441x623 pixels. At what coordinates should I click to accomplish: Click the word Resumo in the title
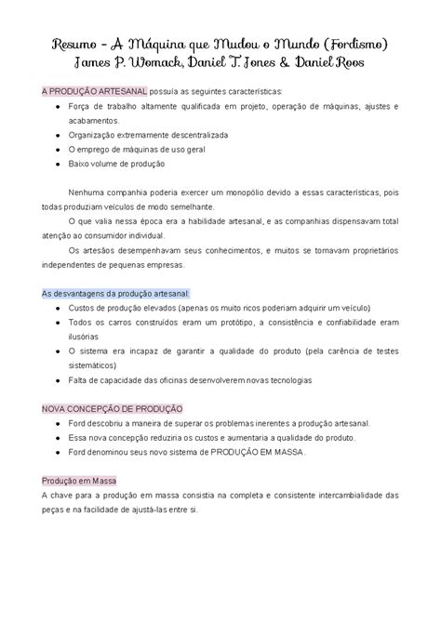coord(73,45)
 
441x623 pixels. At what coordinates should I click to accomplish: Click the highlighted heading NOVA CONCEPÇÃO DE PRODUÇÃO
coord(113,409)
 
